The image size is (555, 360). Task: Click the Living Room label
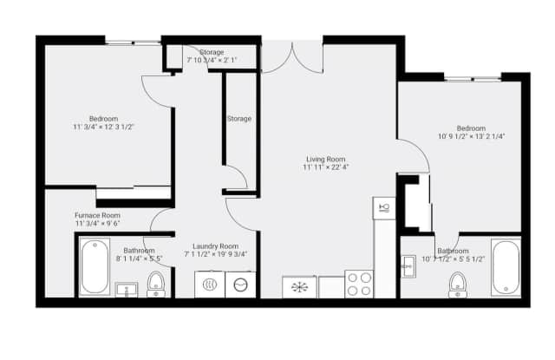click(x=325, y=159)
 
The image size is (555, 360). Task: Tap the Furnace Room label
click(x=97, y=215)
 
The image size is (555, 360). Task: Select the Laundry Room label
click(x=215, y=245)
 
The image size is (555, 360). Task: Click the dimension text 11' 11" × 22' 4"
click(x=325, y=168)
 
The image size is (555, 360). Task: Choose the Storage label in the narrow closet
click(x=239, y=119)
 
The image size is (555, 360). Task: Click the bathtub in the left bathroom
click(x=91, y=266)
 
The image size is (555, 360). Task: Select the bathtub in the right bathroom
click(x=505, y=266)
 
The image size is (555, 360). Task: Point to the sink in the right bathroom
click(x=408, y=266)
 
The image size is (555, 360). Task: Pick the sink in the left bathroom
click(x=127, y=289)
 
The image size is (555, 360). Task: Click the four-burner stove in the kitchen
click(x=359, y=284)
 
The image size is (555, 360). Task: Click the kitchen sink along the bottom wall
click(x=300, y=286)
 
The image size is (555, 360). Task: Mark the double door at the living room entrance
click(x=291, y=56)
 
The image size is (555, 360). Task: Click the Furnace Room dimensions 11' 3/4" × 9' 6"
click(x=97, y=225)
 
